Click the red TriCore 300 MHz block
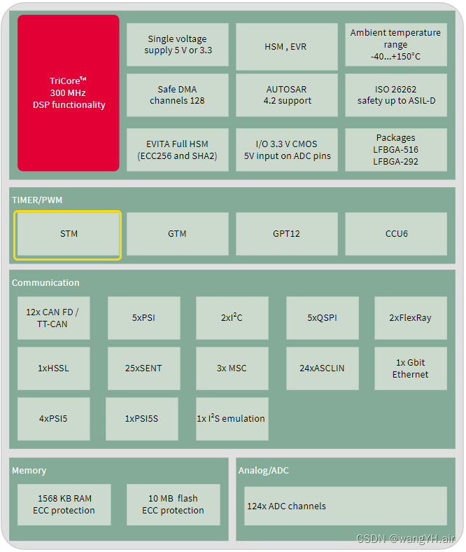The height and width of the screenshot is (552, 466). [x=69, y=93]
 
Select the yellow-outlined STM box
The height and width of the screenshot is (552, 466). [x=69, y=234]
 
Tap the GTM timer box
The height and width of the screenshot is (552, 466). [x=177, y=234]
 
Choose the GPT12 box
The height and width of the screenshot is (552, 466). [x=286, y=234]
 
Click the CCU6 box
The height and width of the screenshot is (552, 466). [x=396, y=234]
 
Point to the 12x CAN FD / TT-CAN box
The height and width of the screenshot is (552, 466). [x=53, y=318]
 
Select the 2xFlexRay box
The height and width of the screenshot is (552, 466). [x=410, y=318]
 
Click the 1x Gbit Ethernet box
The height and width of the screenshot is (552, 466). [x=410, y=368]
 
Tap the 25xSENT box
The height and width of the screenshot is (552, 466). [x=143, y=368]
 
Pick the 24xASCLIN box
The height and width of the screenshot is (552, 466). [x=322, y=368]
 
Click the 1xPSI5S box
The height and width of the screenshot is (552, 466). [x=141, y=419]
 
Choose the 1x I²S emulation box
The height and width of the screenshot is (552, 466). [x=231, y=419]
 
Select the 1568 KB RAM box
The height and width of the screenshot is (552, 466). [x=64, y=504]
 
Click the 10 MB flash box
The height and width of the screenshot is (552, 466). [x=173, y=504]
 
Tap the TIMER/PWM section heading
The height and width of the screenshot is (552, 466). [x=37, y=200]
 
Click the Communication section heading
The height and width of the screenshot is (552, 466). [x=45, y=283]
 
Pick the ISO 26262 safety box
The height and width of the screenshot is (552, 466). [x=396, y=95]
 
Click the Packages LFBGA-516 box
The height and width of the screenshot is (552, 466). [x=396, y=150]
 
